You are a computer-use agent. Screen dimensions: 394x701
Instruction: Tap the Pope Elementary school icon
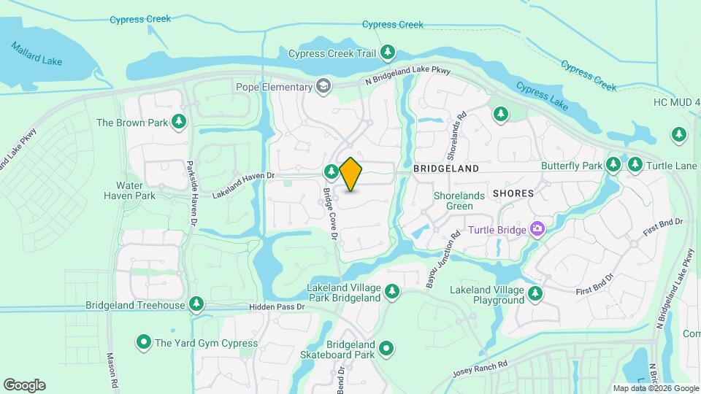[323, 87]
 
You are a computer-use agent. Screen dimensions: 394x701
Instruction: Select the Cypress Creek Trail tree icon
[388, 53]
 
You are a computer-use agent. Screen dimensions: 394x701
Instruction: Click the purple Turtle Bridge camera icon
[537, 231]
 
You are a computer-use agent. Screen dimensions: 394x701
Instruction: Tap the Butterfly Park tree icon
[613, 166]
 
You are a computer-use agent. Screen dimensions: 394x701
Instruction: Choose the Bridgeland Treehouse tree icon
[196, 304]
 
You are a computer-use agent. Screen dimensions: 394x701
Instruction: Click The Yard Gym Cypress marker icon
[144, 342]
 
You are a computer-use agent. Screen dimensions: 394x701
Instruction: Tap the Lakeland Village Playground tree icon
[536, 294]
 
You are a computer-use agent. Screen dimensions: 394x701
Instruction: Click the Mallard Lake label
[37, 54]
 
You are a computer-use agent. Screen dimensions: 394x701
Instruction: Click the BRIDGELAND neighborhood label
[446, 169]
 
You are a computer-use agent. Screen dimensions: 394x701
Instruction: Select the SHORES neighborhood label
[513, 193]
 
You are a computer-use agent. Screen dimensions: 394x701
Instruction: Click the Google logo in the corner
[24, 385]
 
